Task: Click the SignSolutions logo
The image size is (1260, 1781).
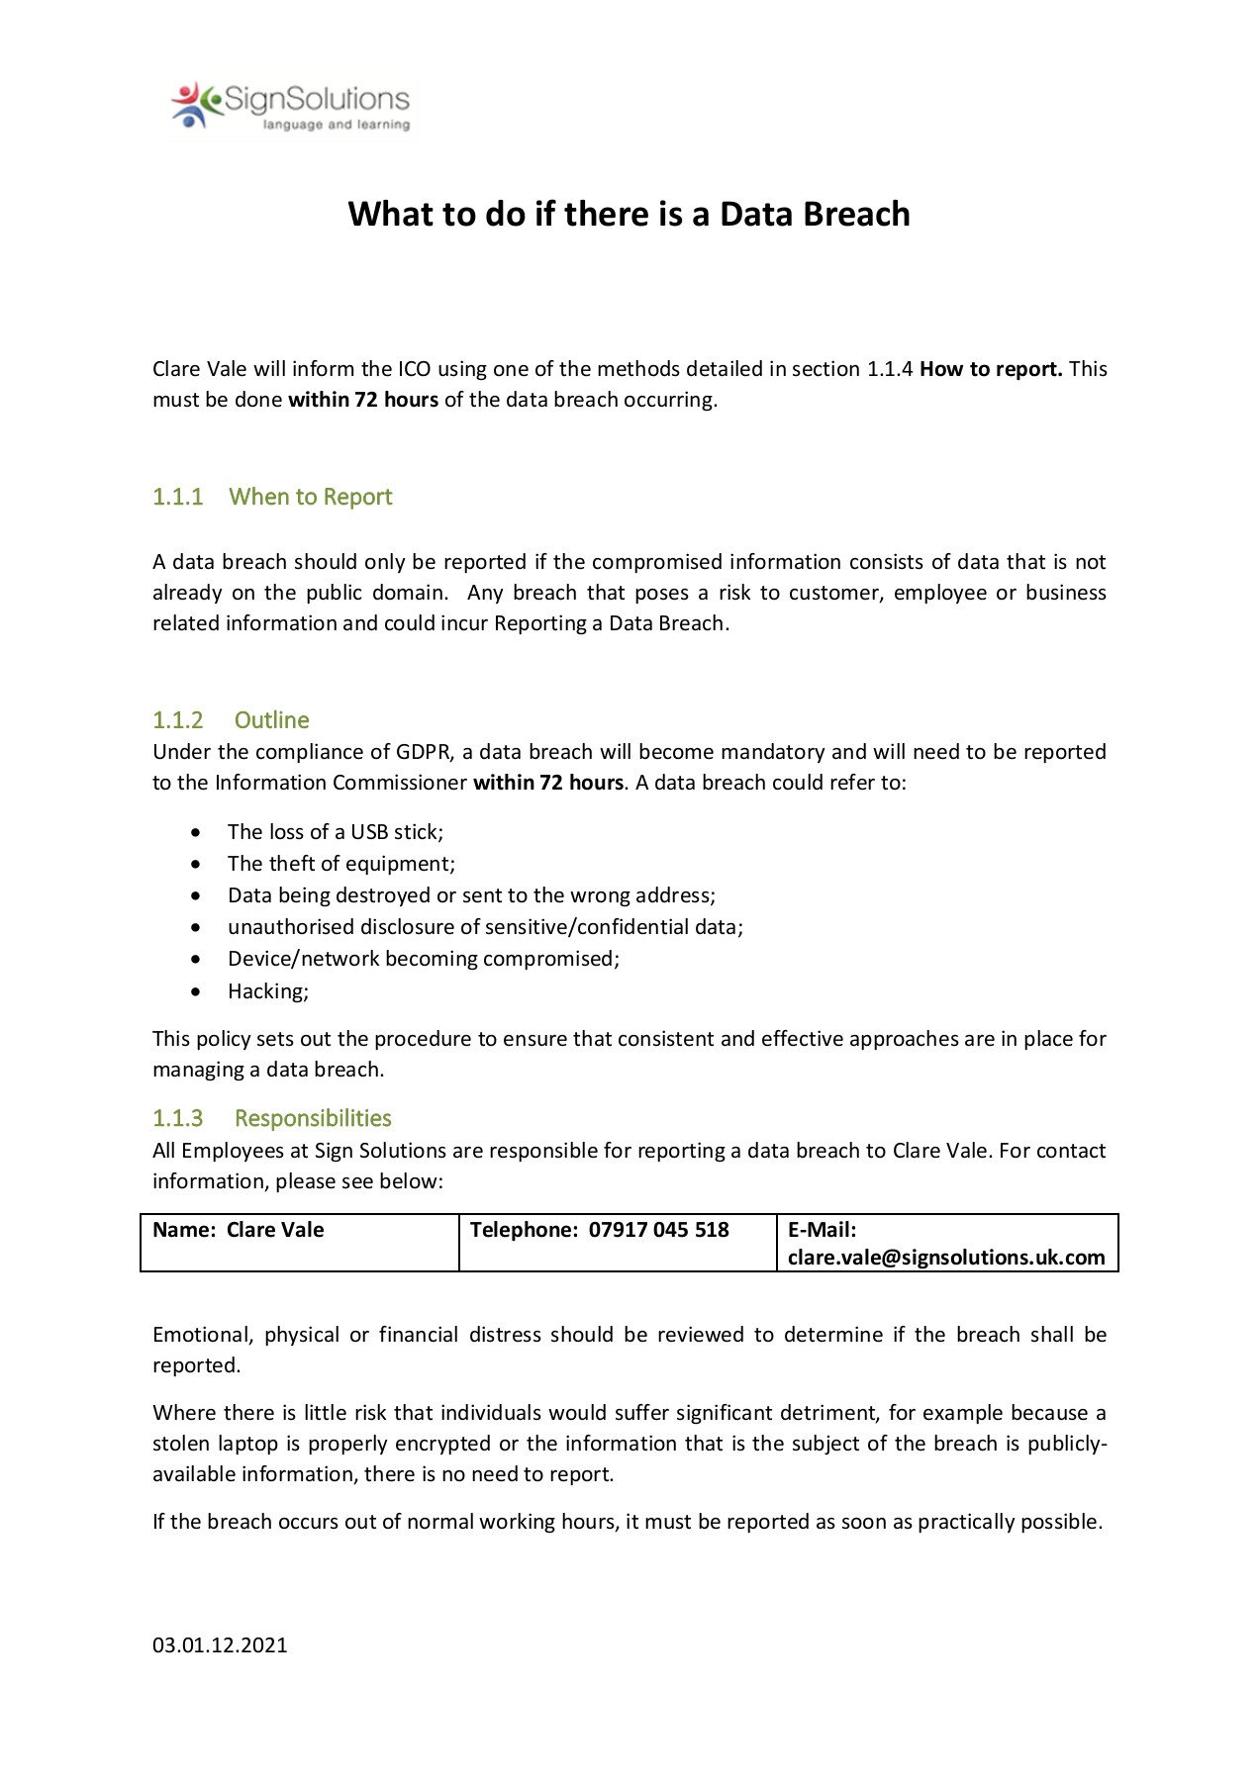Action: [x=289, y=104]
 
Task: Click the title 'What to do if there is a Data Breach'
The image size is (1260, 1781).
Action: [x=629, y=215]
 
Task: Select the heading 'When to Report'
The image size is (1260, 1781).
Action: [x=310, y=497]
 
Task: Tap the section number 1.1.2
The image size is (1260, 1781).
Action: [x=177, y=720]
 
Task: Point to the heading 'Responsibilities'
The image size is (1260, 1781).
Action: [x=313, y=1118]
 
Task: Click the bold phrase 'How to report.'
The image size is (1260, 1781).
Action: [x=991, y=369]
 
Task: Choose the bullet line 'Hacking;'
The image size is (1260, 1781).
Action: [x=268, y=991]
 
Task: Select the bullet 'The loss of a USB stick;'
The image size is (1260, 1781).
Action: [x=336, y=832]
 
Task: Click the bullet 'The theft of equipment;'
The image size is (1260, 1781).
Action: [x=341, y=864]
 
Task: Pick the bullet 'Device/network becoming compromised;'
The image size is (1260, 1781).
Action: [x=424, y=959]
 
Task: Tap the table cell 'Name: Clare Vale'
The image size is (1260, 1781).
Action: [x=239, y=1230]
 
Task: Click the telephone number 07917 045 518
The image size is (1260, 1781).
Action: [x=658, y=1230]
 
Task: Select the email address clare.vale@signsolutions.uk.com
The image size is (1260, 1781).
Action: [x=946, y=1258]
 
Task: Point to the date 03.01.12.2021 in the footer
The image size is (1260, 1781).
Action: [x=220, y=1645]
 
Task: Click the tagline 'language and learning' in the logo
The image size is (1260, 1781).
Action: [x=336, y=126]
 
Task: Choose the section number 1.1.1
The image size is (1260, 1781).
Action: [x=177, y=497]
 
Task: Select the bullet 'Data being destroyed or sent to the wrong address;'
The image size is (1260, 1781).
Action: [x=471, y=895]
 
